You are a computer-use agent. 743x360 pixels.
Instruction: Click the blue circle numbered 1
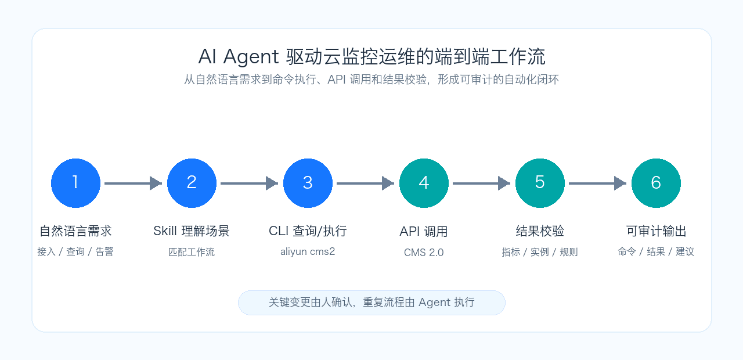point(75,183)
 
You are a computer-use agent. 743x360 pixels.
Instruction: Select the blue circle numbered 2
point(192,183)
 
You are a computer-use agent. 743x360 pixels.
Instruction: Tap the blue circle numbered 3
point(308,183)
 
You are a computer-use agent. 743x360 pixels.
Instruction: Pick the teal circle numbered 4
point(424,183)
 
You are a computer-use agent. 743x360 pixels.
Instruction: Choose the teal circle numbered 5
point(540,183)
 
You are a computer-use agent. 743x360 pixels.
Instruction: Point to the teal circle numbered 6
point(656,183)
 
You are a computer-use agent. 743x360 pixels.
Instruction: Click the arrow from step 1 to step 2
point(134,183)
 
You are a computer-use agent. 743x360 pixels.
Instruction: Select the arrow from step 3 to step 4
point(366,183)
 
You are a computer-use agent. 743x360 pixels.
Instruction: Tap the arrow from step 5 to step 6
point(598,183)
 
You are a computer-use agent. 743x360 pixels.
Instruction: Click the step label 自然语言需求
point(75,231)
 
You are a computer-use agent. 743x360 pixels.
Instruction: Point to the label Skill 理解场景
point(192,231)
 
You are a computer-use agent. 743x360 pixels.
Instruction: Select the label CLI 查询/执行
point(308,231)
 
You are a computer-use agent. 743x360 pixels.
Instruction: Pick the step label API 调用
point(424,231)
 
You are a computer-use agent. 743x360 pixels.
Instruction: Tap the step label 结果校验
point(540,231)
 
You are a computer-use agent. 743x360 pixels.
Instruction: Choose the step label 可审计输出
point(656,231)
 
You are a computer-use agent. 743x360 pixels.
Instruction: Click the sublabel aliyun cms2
point(308,251)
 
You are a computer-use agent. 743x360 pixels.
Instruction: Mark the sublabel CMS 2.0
point(424,253)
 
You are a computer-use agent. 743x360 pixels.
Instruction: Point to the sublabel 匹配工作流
point(192,252)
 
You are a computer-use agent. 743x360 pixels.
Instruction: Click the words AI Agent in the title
point(238,57)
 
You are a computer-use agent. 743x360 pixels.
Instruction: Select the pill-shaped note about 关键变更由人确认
point(371,303)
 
